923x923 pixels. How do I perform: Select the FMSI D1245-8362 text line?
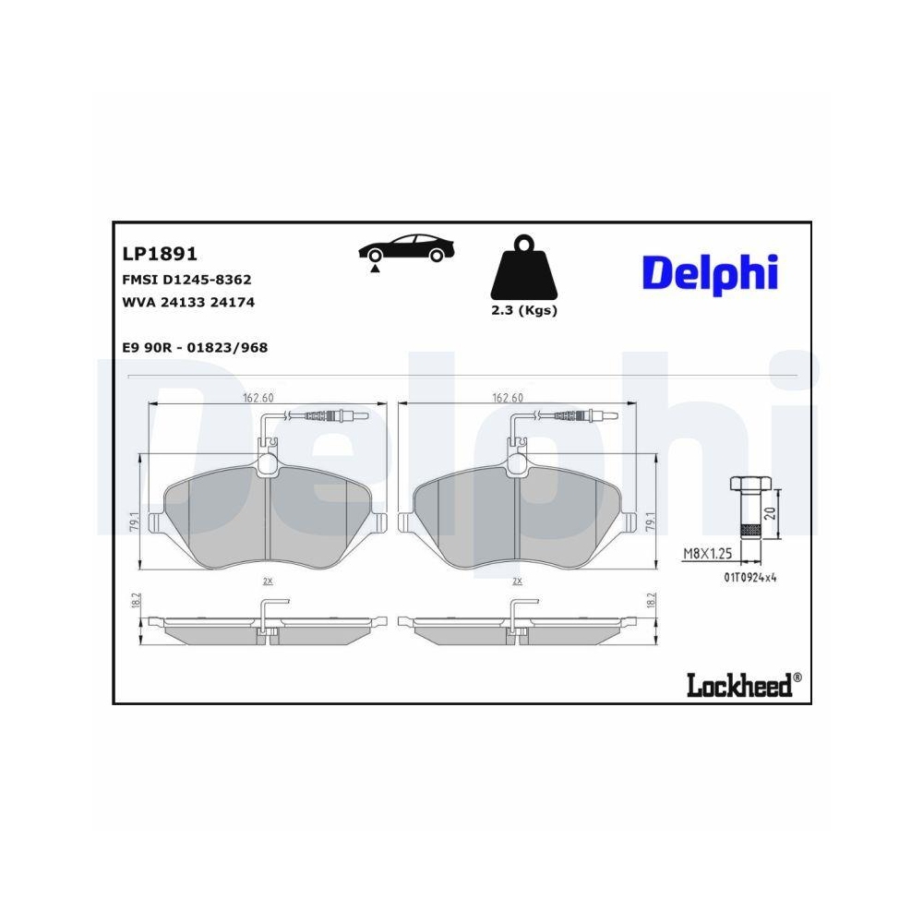187,279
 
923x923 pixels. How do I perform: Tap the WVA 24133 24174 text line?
188,302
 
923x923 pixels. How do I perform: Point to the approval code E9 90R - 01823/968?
195,347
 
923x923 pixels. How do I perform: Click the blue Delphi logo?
710,273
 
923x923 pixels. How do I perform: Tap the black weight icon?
523,267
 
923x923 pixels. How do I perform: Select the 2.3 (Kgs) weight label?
524,310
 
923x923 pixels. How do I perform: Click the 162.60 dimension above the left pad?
258,398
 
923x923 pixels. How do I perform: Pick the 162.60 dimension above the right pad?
508,398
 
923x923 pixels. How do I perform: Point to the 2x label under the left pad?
268,581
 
